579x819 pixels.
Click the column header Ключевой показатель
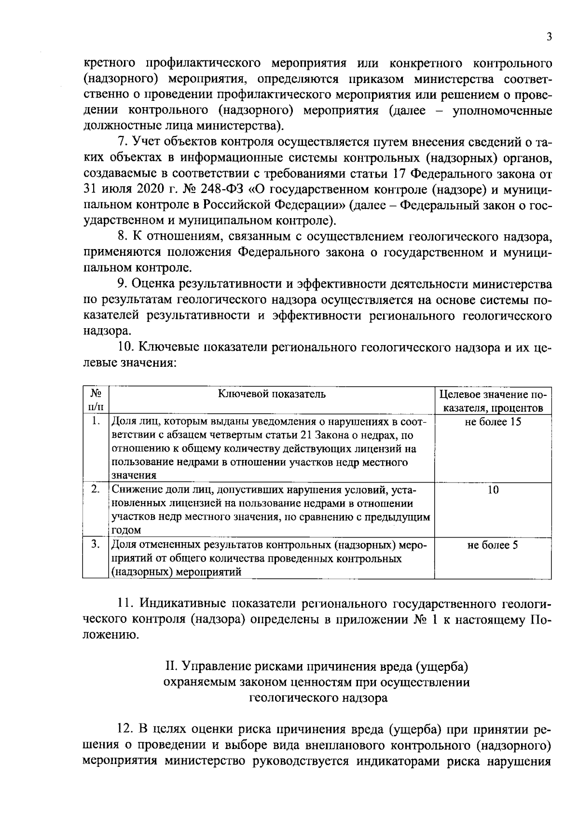pyautogui.click(x=272, y=394)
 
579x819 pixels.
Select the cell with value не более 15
pyautogui.click(x=493, y=422)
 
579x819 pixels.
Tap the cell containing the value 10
pyautogui.click(x=493, y=490)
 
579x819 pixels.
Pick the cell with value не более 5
pyautogui.click(x=493, y=545)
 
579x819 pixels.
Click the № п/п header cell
pyautogui.click(x=96, y=400)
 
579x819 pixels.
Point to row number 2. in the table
pyautogui.click(x=96, y=489)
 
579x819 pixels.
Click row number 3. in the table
pyautogui.click(x=96, y=544)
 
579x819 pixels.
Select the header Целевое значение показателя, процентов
pyautogui.click(x=493, y=401)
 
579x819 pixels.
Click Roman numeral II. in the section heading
pyautogui.click(x=172, y=667)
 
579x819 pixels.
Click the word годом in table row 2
pyautogui.click(x=126, y=530)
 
